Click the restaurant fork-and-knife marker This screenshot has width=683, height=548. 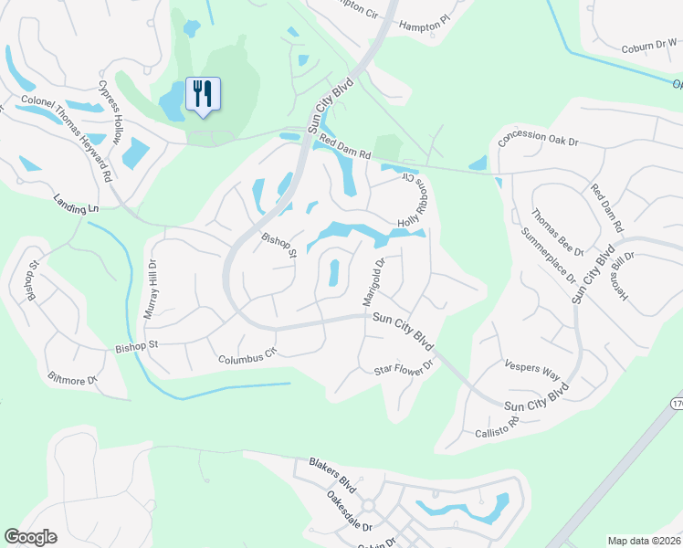pyautogui.click(x=203, y=94)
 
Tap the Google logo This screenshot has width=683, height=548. pyautogui.click(x=30, y=537)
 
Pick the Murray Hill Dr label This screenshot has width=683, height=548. pyautogui.click(x=152, y=290)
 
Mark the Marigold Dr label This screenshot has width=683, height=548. pyautogui.click(x=373, y=282)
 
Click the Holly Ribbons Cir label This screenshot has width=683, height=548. pyautogui.click(x=413, y=201)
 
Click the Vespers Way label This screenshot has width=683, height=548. pyautogui.click(x=531, y=369)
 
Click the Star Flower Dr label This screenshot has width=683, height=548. pyautogui.click(x=403, y=370)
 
